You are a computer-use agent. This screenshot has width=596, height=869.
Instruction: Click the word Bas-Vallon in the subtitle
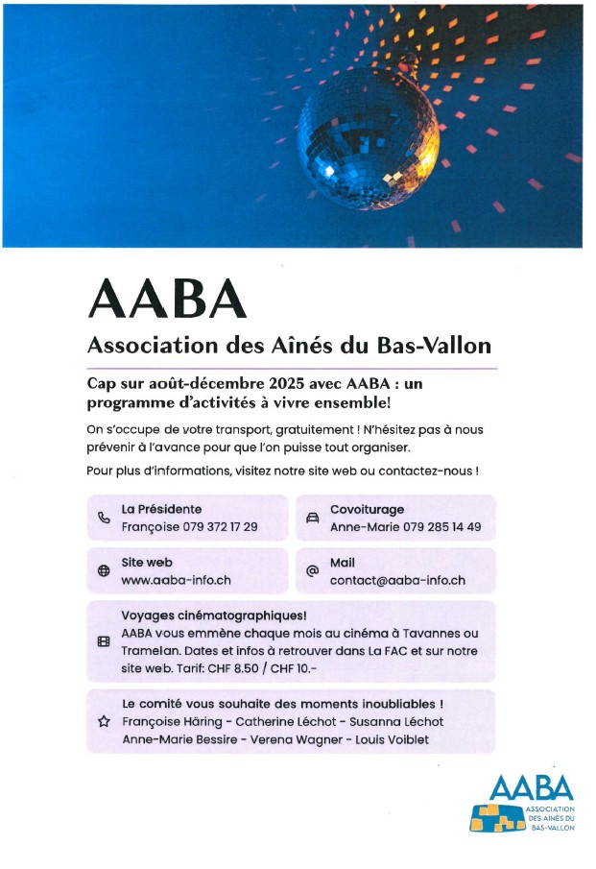click(441, 345)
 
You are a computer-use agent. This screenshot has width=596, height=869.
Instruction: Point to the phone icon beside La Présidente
click(104, 518)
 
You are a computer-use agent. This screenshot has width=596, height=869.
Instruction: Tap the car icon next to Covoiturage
click(312, 518)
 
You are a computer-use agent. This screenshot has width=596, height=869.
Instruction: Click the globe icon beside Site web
click(104, 571)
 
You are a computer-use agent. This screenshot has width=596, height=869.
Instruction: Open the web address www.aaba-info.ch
click(176, 581)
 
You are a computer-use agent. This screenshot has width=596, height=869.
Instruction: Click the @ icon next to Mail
click(312, 571)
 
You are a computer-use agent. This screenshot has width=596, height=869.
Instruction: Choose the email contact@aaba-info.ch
click(397, 581)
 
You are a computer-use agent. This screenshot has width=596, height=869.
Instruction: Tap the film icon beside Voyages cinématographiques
click(104, 642)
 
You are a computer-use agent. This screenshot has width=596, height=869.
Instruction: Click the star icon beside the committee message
click(104, 721)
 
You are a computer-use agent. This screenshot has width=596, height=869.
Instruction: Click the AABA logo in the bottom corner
click(524, 803)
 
